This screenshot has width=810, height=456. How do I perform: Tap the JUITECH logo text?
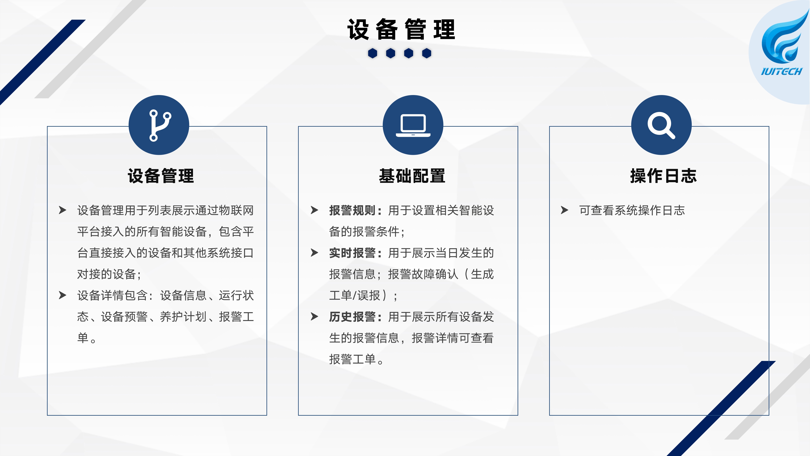(x=781, y=71)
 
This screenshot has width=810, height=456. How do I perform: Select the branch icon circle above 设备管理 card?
(x=159, y=125)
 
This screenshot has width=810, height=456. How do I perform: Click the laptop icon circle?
(x=413, y=125)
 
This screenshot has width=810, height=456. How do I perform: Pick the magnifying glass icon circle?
(x=661, y=125)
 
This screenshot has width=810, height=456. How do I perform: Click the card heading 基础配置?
(x=412, y=176)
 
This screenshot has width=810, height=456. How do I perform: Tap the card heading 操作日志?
(x=663, y=176)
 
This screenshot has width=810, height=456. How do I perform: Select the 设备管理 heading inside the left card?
(x=161, y=176)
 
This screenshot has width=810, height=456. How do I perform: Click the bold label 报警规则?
(x=353, y=210)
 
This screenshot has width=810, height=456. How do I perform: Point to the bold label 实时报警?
(x=353, y=253)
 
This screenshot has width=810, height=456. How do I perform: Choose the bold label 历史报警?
(x=353, y=317)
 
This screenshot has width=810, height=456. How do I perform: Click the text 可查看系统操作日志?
(x=632, y=210)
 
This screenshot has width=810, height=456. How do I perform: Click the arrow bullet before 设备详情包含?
(x=63, y=295)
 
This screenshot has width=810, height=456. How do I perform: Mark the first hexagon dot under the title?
(x=373, y=53)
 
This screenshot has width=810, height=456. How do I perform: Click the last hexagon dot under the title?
(x=427, y=53)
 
